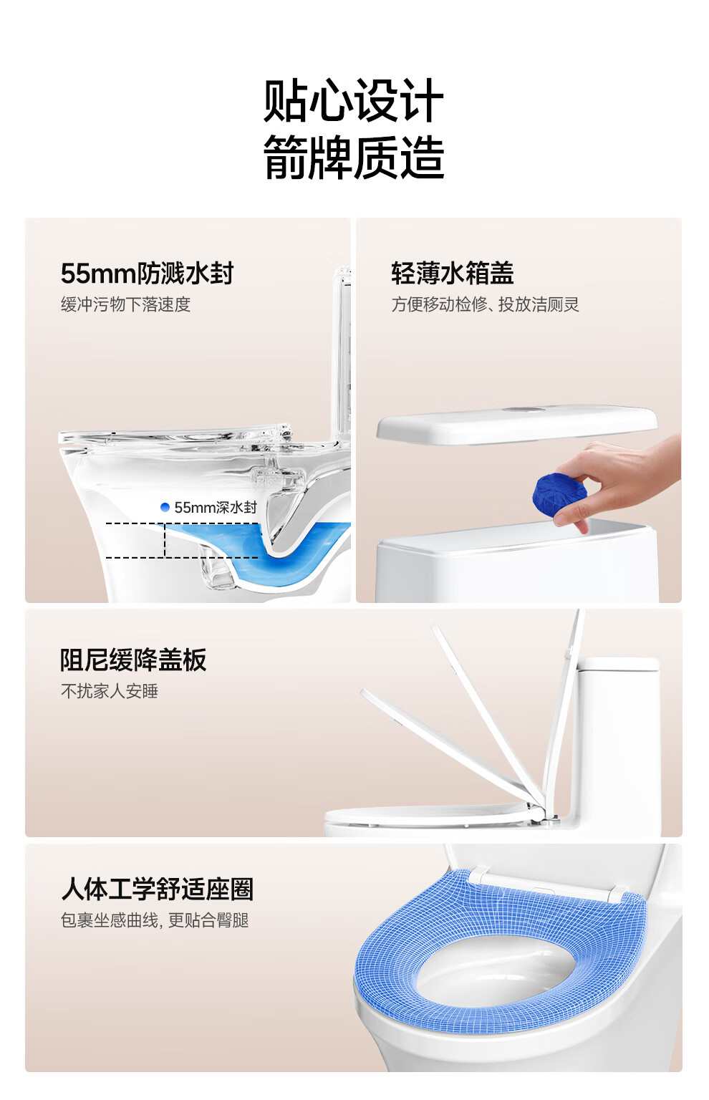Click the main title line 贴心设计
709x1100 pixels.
tap(354, 101)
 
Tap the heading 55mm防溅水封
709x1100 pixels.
tap(147, 273)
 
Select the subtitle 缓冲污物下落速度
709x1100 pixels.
tap(125, 304)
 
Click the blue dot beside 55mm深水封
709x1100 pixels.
tap(165, 507)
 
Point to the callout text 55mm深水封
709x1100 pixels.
tap(216, 507)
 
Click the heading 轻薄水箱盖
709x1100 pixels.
tap(452, 273)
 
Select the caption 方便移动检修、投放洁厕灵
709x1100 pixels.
tap(485, 304)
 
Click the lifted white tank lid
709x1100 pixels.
tap(516, 425)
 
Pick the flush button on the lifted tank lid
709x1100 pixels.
tap(526, 409)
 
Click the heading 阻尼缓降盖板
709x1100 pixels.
tap(133, 660)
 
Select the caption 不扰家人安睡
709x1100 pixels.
tap(109, 691)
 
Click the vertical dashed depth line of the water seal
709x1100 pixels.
tap(165, 540)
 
